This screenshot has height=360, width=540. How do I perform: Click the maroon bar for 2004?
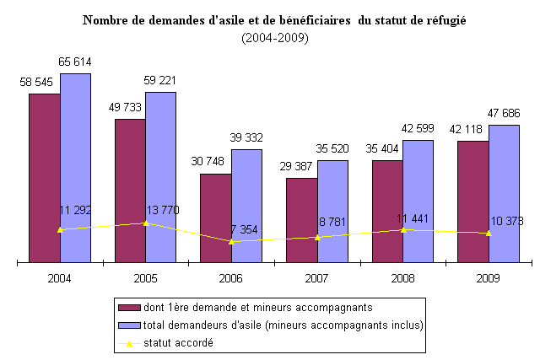click(44, 177)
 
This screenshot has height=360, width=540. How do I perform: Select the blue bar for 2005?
click(160, 177)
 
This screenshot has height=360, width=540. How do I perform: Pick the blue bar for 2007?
click(332, 211)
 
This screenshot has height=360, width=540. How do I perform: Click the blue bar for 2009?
click(504, 194)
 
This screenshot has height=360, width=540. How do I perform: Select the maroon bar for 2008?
click(387, 211)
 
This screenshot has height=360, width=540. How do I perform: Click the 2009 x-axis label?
click(489, 277)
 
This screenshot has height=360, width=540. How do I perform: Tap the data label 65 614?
click(75, 62)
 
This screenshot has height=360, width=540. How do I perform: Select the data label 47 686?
click(504, 114)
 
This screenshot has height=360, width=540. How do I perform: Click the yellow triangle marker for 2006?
click(231, 241)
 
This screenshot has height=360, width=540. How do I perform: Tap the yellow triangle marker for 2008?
click(403, 229)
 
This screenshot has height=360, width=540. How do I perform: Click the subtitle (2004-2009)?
click(274, 38)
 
